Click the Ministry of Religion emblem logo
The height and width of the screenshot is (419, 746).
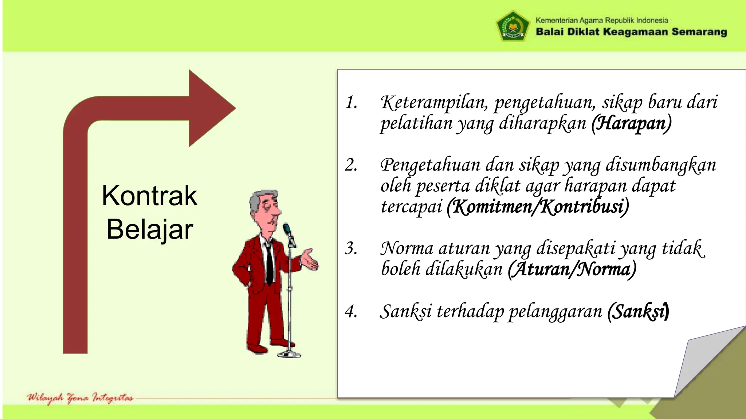click(513, 26)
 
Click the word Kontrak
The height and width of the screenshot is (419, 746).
click(149, 196)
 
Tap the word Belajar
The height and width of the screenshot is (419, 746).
click(149, 230)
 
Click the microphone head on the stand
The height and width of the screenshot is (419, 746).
click(287, 230)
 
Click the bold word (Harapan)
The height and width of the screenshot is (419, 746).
click(631, 123)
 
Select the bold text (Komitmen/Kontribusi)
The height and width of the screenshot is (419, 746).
click(538, 207)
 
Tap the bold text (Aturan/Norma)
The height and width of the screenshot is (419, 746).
click(572, 269)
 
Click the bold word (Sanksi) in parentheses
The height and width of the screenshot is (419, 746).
click(638, 312)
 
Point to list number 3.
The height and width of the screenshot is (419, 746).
click(351, 249)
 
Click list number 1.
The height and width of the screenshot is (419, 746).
click(351, 103)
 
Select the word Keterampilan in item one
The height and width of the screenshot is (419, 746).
click(433, 103)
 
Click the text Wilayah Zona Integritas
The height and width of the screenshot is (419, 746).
click(80, 398)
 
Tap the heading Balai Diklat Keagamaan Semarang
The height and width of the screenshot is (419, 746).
click(631, 32)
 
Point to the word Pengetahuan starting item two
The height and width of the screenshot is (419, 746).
click(430, 165)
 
